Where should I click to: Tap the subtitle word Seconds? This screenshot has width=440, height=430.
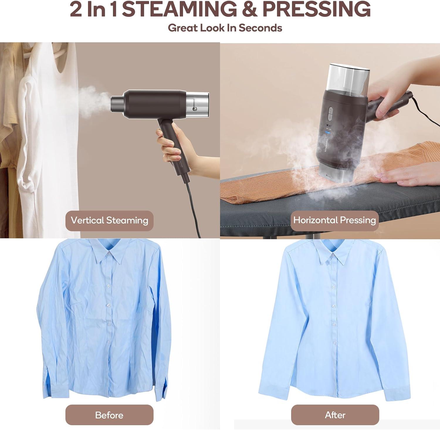[x=260, y=28]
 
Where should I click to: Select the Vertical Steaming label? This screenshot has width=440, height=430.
[x=109, y=221]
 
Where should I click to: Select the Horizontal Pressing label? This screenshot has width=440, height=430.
[x=334, y=220]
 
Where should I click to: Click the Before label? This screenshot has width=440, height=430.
[x=109, y=415]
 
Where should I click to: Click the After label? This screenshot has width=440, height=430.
[x=335, y=415]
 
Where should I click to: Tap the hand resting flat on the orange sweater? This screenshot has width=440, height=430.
[x=411, y=178]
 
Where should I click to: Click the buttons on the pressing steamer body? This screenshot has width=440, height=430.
[x=331, y=114]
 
